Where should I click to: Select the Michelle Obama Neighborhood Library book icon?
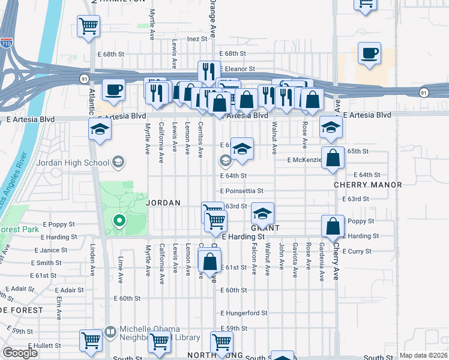pos(110,331)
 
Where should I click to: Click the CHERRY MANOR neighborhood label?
pos(368,185)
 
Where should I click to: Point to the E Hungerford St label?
pos(243,313)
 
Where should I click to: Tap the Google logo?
pos(20,353)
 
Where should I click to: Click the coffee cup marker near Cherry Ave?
pos(369,54)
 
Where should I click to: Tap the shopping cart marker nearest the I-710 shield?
pos(88,26)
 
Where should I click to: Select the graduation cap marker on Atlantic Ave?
pos(100,130)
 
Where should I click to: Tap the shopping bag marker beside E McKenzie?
pos(333,159)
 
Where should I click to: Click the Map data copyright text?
pos(423,355)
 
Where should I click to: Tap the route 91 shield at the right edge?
pos(424,92)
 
